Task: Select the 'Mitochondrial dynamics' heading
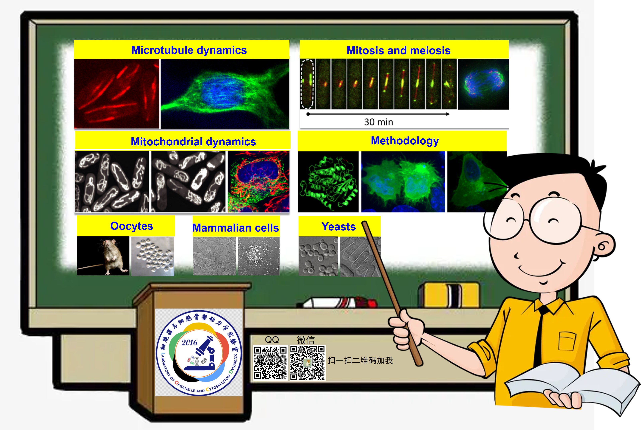(x=193, y=142)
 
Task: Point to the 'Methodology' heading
(x=405, y=141)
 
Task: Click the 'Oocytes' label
(x=132, y=226)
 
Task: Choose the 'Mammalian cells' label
(x=236, y=228)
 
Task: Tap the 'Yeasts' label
(x=339, y=227)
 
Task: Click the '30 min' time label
(x=379, y=122)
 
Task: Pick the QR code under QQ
(x=270, y=363)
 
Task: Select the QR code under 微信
(x=307, y=363)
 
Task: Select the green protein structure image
(x=328, y=182)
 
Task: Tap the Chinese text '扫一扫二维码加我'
(x=360, y=360)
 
